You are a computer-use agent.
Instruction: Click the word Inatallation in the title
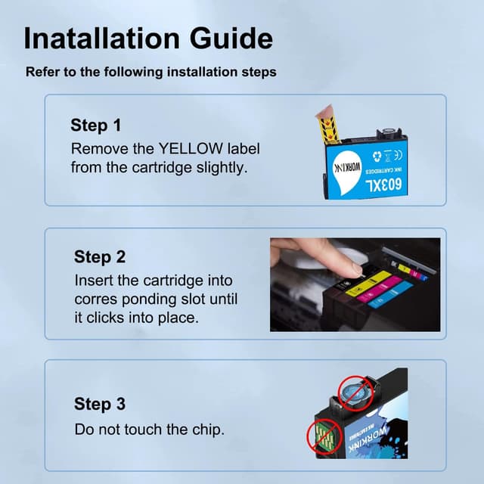point(102,39)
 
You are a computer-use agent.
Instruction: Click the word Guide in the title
point(231,39)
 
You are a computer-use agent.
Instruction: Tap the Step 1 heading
point(96,126)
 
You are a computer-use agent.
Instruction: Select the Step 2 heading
point(100,257)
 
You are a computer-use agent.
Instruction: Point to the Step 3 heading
point(100,404)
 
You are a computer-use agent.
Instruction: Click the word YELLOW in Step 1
point(191,148)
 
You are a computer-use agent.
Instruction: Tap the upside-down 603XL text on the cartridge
point(383,185)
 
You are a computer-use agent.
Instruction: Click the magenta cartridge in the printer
point(380,289)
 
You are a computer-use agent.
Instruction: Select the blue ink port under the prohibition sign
point(355,392)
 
